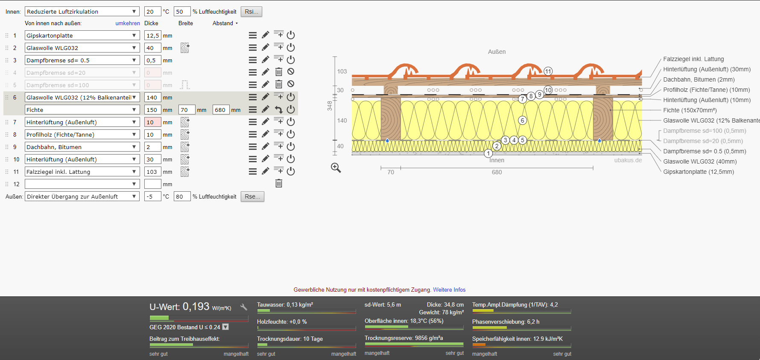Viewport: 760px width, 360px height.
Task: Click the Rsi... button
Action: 251,12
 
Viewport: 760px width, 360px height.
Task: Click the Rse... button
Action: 252,196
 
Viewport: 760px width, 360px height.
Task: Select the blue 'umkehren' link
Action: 128,23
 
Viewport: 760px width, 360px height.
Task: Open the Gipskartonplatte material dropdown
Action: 82,35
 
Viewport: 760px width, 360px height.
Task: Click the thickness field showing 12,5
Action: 152,35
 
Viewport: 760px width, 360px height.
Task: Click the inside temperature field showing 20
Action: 152,12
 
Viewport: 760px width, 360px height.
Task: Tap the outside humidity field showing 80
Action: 182,196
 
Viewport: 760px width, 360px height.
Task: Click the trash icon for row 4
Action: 279,72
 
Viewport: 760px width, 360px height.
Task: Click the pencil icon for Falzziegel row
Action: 266,171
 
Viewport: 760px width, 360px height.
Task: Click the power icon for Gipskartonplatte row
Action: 291,35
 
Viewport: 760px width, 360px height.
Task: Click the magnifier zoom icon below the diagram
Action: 336,168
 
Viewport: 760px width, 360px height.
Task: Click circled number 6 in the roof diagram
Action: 522,120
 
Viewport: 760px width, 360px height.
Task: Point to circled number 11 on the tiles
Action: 548,71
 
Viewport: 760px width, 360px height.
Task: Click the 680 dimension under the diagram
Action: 497,172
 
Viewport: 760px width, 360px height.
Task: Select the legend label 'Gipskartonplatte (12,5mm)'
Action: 699,172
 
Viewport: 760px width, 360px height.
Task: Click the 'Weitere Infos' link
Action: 449,290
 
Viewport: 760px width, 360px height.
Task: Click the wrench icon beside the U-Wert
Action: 244,307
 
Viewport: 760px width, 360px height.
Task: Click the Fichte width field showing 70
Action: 187,110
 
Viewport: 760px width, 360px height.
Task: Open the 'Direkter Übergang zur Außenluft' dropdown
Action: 82,196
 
